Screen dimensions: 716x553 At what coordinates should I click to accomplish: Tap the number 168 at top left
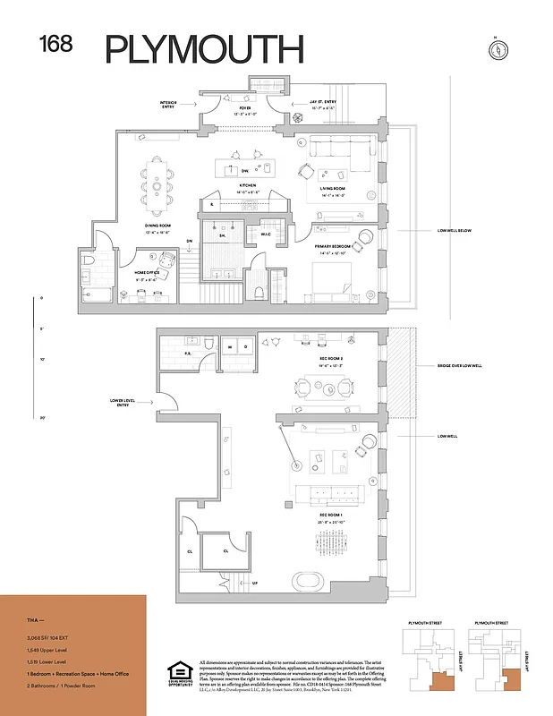[55, 43]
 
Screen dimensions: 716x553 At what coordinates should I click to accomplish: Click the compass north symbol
[495, 49]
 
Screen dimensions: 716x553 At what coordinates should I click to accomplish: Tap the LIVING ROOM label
[332, 190]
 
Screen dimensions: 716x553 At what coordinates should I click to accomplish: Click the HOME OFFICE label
[149, 272]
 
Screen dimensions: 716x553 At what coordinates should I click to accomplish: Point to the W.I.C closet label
[265, 235]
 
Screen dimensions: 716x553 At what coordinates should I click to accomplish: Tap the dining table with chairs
[160, 178]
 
